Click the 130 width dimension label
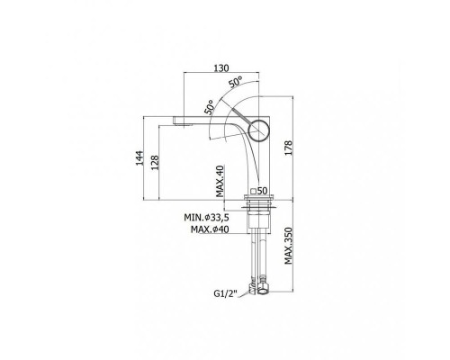coord(221,68)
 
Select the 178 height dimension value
coord(288,148)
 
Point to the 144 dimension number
coord(139,158)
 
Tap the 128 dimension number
coord(155,163)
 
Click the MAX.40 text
coord(220,181)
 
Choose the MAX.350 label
coord(288,246)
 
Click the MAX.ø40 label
coord(210,229)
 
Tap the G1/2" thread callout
coord(226,293)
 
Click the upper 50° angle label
coord(236,82)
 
